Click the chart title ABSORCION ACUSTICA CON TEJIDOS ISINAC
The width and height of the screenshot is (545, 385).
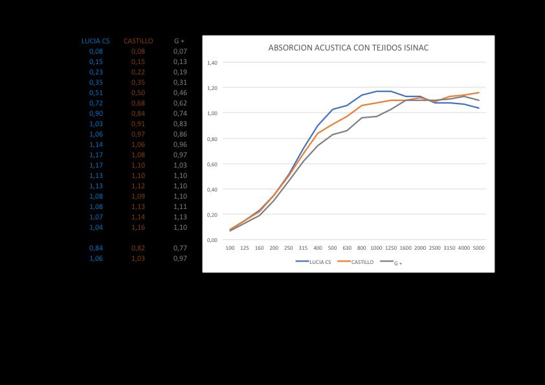click(348, 48)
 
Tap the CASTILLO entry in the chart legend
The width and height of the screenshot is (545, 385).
click(362, 262)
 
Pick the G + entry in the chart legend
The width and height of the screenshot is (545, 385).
click(398, 263)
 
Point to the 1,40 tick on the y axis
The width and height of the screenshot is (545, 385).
click(212, 63)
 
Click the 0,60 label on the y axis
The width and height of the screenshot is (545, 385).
click(212, 164)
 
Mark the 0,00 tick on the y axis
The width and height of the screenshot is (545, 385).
click(212, 241)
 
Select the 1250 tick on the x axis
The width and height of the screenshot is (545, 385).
click(391, 248)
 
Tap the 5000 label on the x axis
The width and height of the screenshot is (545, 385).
click(479, 248)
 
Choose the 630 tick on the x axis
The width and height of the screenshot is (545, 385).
click(347, 248)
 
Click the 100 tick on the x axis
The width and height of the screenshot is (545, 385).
click(230, 248)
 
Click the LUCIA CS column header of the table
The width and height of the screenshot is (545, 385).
click(96, 41)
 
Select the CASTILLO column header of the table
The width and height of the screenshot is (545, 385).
click(138, 41)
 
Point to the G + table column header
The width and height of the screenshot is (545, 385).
click(179, 41)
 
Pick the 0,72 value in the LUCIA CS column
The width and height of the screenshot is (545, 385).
click(96, 103)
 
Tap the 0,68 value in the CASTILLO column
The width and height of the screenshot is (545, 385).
click(138, 103)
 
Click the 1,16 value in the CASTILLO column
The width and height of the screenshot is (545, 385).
click(138, 227)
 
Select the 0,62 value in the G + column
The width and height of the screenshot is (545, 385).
click(180, 103)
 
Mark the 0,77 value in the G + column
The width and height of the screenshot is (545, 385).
click(180, 248)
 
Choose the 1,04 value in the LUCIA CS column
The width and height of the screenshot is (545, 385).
click(96, 227)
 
